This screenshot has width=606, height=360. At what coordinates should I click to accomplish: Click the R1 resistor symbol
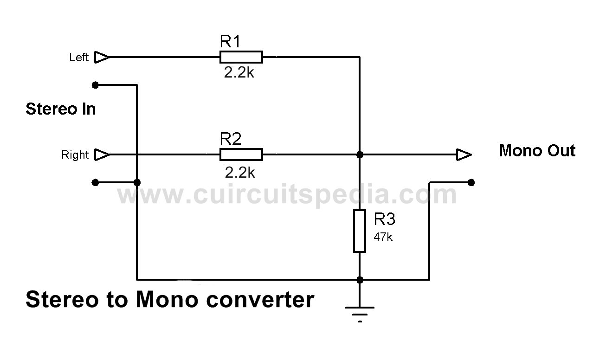[241, 57]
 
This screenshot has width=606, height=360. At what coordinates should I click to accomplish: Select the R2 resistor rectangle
[241, 154]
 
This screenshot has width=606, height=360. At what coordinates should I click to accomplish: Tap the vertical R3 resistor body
[360, 231]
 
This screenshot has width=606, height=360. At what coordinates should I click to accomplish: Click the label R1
[230, 41]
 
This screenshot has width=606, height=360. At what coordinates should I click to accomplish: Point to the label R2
[231, 139]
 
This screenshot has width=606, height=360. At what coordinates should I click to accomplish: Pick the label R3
[384, 219]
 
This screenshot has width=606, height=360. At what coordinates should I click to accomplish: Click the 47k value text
[383, 237]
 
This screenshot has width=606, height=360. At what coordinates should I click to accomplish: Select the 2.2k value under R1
[239, 72]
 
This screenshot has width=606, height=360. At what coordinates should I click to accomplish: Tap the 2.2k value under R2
[240, 173]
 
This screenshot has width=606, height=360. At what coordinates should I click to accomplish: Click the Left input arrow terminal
[102, 57]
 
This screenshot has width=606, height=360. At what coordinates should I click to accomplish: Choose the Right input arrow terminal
[102, 154]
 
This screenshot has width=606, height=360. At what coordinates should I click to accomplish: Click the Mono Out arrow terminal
[464, 154]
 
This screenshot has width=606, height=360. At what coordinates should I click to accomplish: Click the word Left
[79, 58]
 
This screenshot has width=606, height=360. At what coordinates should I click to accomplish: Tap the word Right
[75, 155]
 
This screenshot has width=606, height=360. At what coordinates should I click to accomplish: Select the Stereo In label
[61, 109]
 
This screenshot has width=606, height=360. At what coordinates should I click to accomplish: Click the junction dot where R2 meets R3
[360, 154]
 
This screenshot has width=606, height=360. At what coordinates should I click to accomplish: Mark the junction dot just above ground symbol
[360, 280]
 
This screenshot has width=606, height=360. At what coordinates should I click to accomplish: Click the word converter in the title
[260, 300]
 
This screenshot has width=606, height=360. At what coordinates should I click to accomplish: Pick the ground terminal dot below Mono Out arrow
[471, 183]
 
